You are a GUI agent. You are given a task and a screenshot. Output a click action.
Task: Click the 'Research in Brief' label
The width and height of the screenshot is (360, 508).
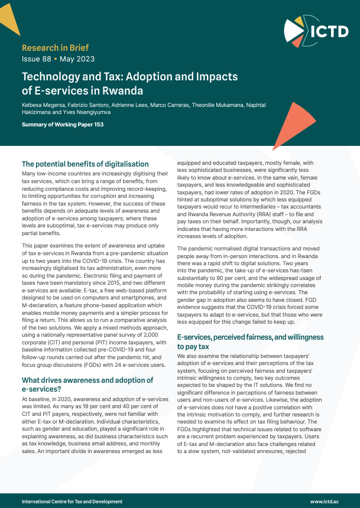coord(55,47)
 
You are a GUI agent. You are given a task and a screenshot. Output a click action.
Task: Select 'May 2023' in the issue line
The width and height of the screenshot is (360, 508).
coord(78,59)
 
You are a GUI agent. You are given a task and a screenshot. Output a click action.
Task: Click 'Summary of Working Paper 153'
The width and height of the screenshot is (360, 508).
coord(62,125)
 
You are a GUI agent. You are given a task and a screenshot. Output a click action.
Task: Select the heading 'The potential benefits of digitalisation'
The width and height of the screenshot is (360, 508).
coord(85,164)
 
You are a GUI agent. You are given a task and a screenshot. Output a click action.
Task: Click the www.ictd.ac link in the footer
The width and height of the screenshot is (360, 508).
coord(324,501)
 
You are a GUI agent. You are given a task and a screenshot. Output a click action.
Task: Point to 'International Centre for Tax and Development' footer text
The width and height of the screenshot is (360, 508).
coord(72,501)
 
